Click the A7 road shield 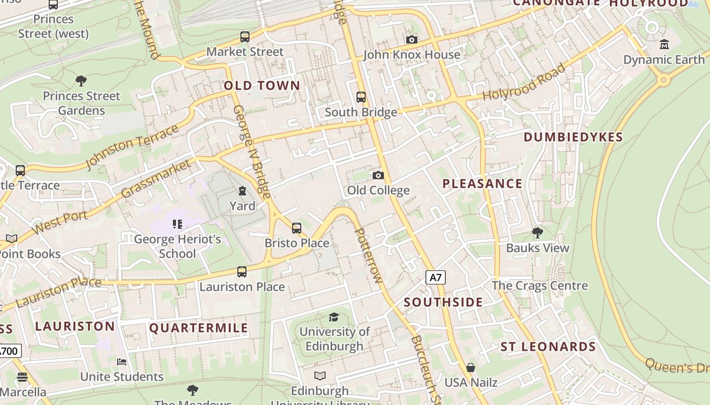click(x=435, y=277)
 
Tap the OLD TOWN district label click(x=262, y=86)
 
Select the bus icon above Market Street click(x=245, y=37)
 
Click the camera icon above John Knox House click(x=412, y=39)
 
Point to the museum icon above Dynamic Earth click(x=664, y=45)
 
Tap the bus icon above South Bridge click(x=361, y=97)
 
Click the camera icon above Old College click(x=378, y=175)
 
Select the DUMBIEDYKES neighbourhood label click(x=573, y=137)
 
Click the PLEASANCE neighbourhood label click(x=482, y=184)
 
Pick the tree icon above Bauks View click(x=538, y=233)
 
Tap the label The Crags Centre click(x=540, y=286)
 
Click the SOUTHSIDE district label click(x=443, y=303)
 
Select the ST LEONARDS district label click(x=548, y=347)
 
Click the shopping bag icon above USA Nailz click(x=471, y=367)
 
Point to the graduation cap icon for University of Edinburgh click(x=334, y=317)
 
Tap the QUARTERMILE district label click(x=199, y=328)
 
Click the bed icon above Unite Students click(x=122, y=361)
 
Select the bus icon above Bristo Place click(x=297, y=228)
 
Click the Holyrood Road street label click(x=523, y=82)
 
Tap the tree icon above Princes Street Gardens click(x=81, y=80)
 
